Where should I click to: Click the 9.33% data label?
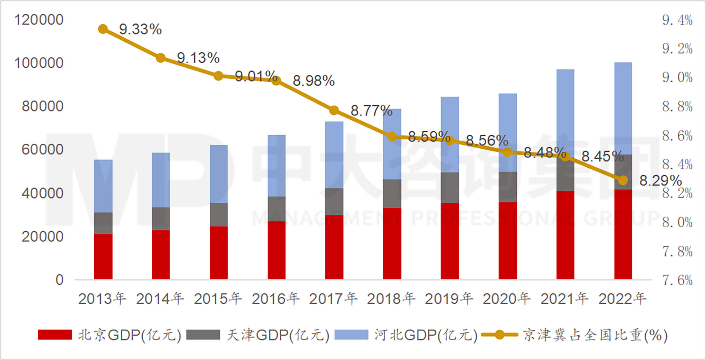[140, 29]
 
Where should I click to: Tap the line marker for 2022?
[623, 180]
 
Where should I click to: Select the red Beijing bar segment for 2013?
[103, 257]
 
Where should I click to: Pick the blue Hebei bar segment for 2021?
[565, 113]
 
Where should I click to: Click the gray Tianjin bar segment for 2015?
[219, 215]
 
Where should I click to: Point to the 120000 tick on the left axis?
[39, 20]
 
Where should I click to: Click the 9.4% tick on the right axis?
[677, 20]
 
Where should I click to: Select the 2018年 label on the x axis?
[391, 299]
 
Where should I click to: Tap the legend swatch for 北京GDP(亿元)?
[55, 335]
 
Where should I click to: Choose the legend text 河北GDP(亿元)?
[426, 335]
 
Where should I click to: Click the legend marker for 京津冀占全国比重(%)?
[499, 335]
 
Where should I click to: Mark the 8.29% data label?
[660, 181]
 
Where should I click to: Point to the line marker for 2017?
[334, 110]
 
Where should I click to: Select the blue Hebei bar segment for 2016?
[276, 166]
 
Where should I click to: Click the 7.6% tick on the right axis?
[677, 281]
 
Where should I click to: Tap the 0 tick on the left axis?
[59, 280]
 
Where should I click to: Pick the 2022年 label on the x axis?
[622, 299]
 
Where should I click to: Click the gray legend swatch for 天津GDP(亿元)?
[203, 335]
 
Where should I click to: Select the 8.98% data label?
[313, 81]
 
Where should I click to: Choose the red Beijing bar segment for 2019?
[450, 241]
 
